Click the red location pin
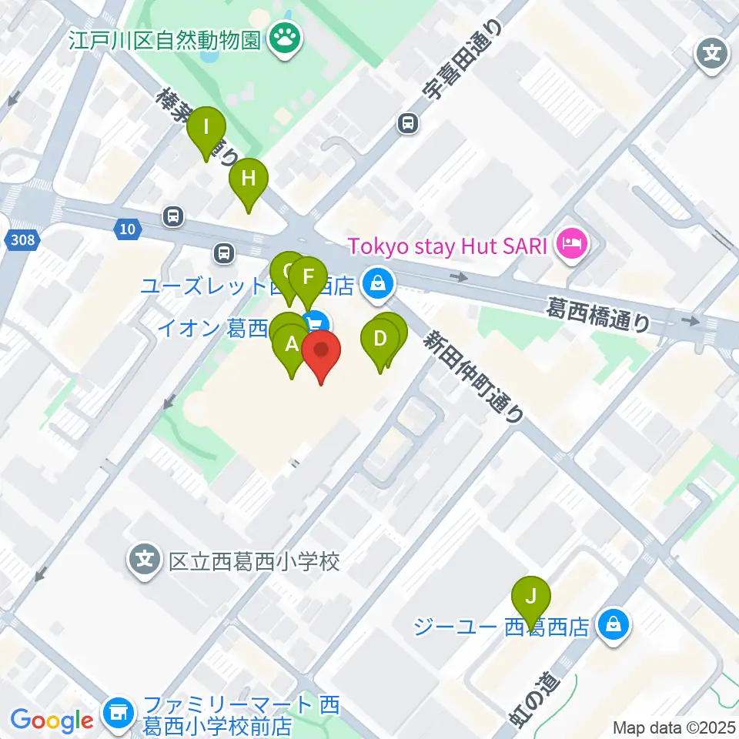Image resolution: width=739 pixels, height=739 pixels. pyautogui.click(x=321, y=353)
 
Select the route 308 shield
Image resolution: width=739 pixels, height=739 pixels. pyautogui.click(x=23, y=241)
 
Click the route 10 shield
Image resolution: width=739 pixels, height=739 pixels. pyautogui.click(x=128, y=228)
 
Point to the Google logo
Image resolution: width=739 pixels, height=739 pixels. pyautogui.click(x=52, y=721)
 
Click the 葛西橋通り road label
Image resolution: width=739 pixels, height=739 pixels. pyautogui.click(x=598, y=316)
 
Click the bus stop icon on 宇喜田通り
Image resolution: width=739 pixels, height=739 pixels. pyautogui.click(x=408, y=122)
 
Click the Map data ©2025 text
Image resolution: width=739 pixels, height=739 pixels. pyautogui.click(x=674, y=727)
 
